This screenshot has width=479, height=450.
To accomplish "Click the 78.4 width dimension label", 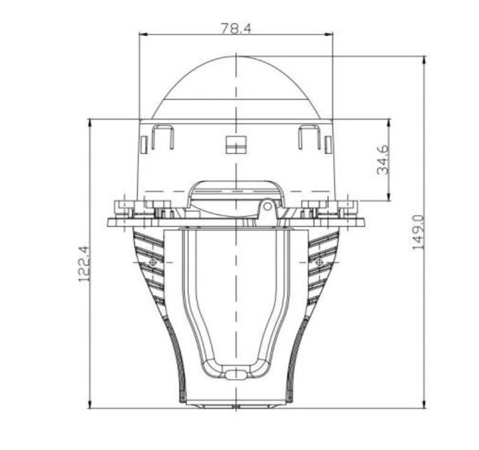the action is (x=235, y=28).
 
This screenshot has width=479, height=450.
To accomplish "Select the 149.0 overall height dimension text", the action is (x=419, y=232).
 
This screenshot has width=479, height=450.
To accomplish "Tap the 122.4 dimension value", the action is (x=84, y=264).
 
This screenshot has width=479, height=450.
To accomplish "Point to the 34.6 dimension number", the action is (x=383, y=160).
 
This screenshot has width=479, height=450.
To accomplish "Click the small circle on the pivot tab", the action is (x=268, y=206).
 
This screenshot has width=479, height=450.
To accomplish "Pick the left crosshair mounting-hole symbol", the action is (x=153, y=262).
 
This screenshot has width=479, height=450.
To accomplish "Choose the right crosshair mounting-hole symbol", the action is (x=319, y=262).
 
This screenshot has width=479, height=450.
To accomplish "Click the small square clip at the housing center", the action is (x=236, y=144).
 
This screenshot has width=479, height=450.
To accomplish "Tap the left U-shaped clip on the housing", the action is (x=163, y=137).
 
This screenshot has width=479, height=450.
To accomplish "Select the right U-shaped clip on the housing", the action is (x=310, y=137).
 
